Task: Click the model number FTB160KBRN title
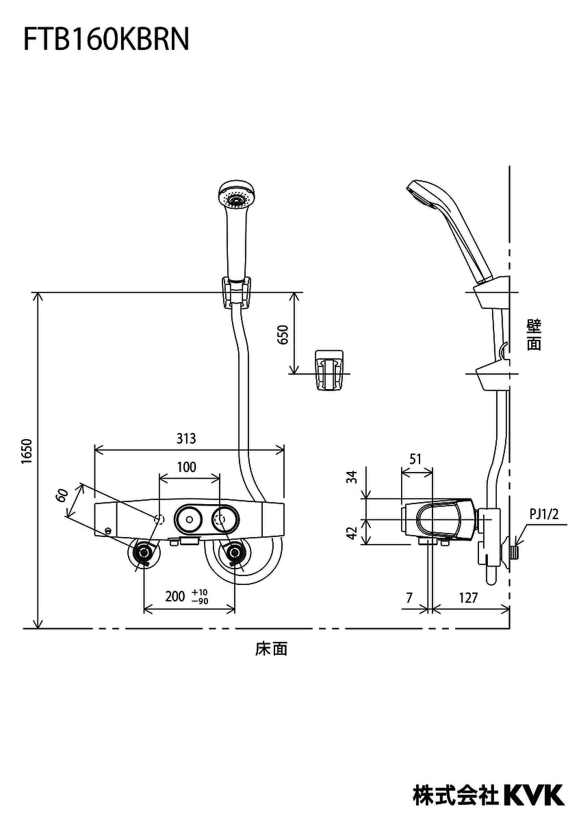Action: pos(106,39)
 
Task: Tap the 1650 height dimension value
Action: pos(27,451)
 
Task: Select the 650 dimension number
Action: pos(284,334)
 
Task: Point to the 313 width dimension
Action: pos(186,438)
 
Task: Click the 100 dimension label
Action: pos(187,467)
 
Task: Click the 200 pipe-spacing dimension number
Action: pos(175,597)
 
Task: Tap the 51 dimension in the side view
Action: pos(415,459)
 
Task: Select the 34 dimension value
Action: pos(352,477)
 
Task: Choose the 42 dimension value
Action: pos(352,533)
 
